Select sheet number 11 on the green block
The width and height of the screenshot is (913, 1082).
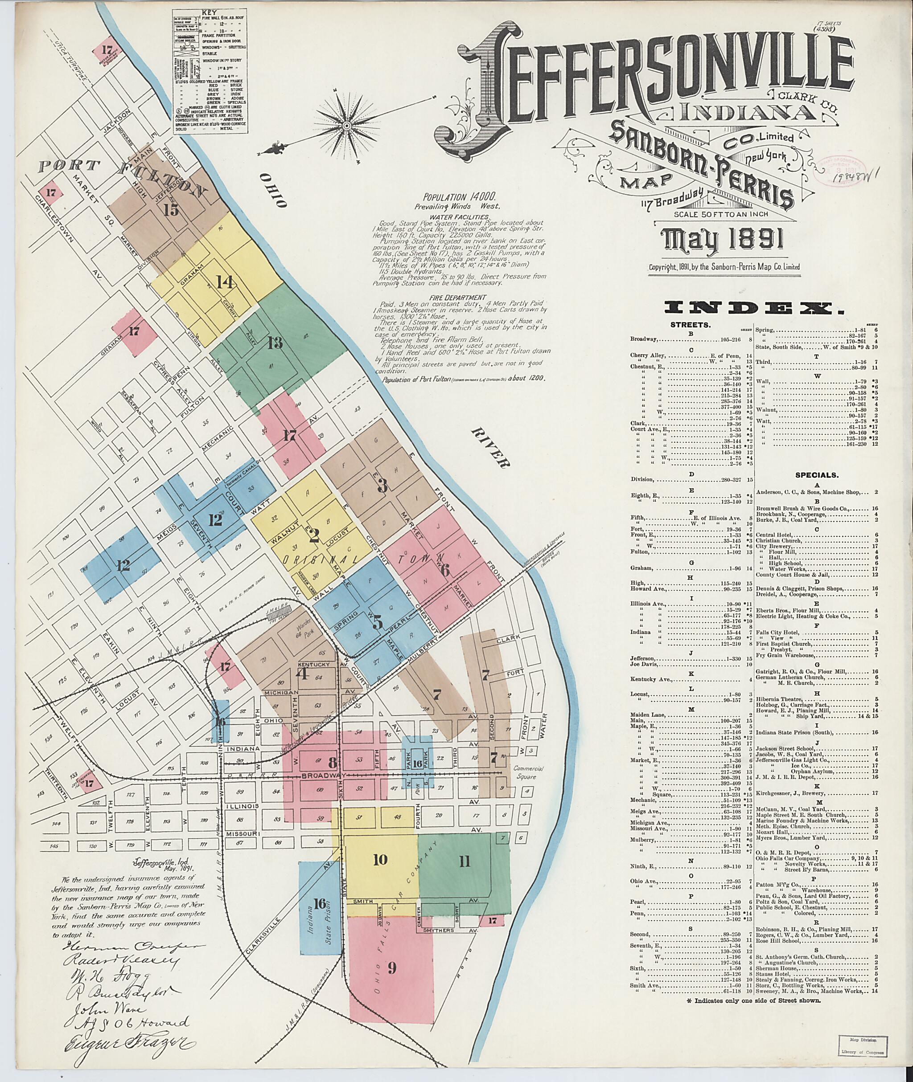(464, 861)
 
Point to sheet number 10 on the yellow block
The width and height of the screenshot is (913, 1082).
(380, 860)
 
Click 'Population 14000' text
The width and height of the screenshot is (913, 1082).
(459, 196)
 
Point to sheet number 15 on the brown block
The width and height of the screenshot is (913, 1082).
(170, 209)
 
